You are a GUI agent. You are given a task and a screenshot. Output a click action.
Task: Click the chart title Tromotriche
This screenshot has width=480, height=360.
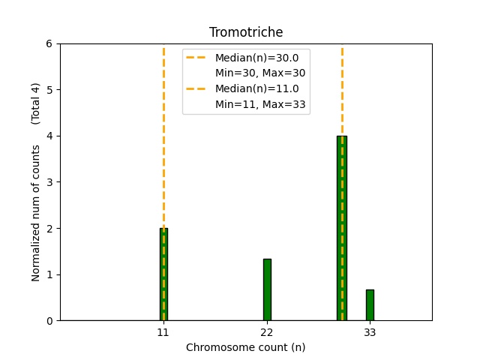pos(246,32)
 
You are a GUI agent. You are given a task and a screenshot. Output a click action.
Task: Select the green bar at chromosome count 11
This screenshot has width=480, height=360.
pos(163,274)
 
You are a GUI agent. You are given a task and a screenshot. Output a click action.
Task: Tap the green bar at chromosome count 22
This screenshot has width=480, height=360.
pos(267,289)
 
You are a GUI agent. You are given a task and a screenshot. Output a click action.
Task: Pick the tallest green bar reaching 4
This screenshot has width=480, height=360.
pos(342,228)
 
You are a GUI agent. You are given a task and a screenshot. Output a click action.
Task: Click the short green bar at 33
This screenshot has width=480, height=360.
pos(370,304)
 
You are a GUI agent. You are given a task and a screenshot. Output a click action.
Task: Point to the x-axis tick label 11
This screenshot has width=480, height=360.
pos(163,331)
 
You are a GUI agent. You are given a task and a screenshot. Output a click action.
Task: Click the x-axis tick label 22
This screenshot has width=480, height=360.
pos(267,331)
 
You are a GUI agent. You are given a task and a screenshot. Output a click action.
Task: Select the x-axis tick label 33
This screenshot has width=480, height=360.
pos(370,331)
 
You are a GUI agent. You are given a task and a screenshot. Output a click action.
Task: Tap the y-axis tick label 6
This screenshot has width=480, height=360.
pos(49,43)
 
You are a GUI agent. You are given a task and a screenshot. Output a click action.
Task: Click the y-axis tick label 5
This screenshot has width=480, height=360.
pos(49,90)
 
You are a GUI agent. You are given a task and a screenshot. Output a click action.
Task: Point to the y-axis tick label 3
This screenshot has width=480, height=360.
pos(49,182)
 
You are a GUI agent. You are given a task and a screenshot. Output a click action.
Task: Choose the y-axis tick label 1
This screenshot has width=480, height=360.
pos(49,274)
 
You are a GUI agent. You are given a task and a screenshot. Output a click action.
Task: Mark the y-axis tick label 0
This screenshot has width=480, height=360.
pos(49,321)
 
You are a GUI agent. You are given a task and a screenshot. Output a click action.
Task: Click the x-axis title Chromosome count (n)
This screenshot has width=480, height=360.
pos(246,347)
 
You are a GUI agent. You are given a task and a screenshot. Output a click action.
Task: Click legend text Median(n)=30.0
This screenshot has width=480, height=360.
pos(256,58)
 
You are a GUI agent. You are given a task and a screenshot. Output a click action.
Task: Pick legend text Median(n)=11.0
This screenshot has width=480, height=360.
pos(256,88)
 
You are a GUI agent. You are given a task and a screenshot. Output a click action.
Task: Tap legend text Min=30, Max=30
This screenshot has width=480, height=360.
pos(260,73)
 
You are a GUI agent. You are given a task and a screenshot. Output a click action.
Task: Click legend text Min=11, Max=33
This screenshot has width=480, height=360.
pos(260,104)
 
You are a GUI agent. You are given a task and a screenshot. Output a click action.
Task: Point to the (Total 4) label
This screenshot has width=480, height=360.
pos(36,103)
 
